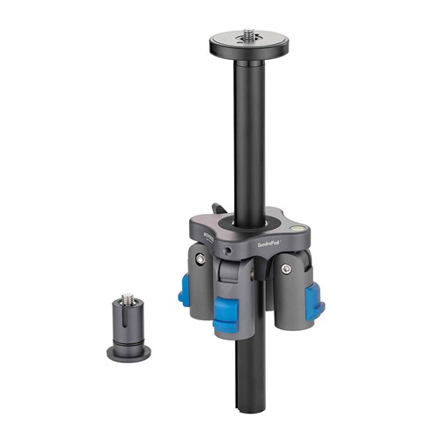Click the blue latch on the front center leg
click(229, 314)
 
